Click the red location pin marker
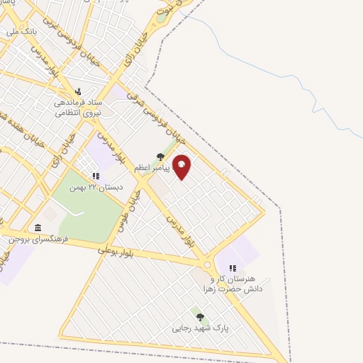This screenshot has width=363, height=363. [x=181, y=166]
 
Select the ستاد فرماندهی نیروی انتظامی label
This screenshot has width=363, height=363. [x=79, y=107]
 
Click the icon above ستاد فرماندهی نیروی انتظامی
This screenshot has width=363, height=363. [x=79, y=91]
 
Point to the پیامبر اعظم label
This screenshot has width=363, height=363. [x=152, y=168]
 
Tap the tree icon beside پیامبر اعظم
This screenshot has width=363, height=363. [x=160, y=157]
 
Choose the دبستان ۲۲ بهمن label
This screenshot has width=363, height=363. [x=96, y=187]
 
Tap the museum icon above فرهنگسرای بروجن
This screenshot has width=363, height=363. [x=37, y=228]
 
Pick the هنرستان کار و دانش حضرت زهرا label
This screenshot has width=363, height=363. [x=232, y=284]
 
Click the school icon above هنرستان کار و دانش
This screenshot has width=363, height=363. [x=233, y=269]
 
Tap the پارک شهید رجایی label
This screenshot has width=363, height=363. [x=199, y=329]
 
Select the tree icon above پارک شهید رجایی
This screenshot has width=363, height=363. [x=200, y=317]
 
